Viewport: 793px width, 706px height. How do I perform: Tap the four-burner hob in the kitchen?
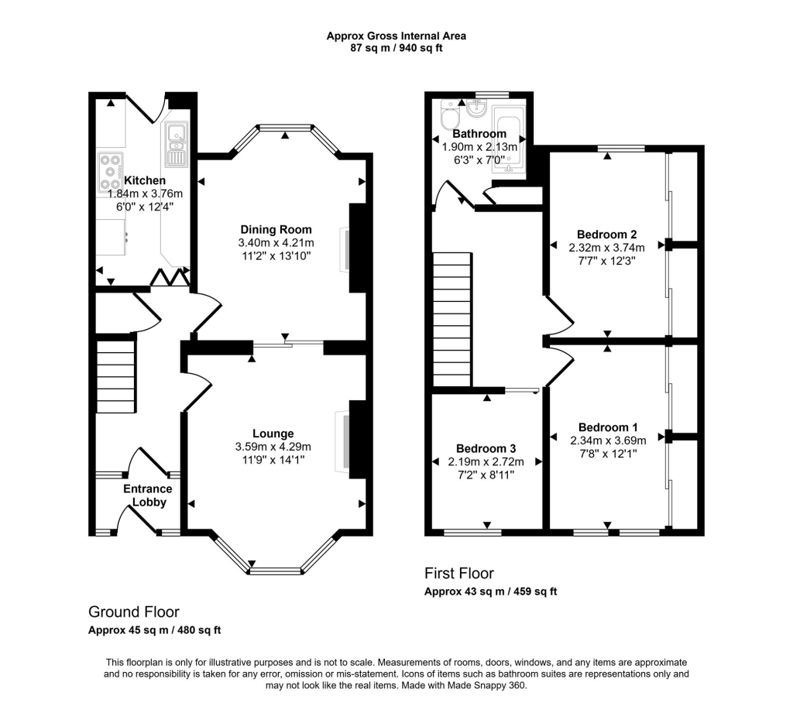pos(112,172)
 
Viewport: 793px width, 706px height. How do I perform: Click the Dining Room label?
pos(276,229)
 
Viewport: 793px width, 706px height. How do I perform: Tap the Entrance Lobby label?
pos(147,495)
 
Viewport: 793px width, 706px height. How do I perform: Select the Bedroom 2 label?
pos(607,235)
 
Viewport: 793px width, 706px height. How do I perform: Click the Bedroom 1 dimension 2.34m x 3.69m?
pos(609,440)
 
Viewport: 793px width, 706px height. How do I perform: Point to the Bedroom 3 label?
pos(486,448)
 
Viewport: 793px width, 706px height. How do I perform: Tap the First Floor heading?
pos(458,574)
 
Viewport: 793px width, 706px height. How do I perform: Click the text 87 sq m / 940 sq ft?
pos(396,48)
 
